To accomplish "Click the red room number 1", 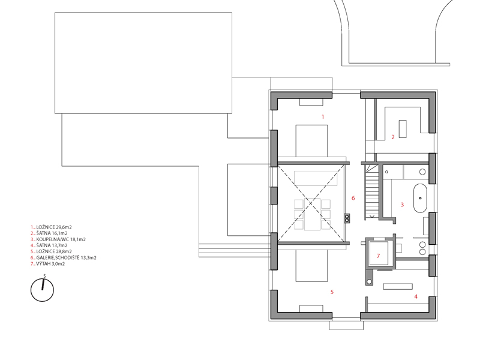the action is [323, 116].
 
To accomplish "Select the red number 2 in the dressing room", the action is [393, 137].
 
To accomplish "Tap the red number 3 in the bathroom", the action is [402, 205].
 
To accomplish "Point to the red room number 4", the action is [416, 296].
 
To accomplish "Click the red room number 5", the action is [332, 292].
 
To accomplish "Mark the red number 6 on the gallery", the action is [353, 199].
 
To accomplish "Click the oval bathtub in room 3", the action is [421, 199].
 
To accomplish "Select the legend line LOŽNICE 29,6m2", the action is [51, 227].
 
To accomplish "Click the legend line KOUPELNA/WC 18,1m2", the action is [58, 239].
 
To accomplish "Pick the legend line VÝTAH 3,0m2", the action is [48, 263].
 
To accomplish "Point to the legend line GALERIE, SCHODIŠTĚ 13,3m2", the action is [64, 258].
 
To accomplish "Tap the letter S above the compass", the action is [44, 276].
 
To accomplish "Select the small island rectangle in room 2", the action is [403, 129].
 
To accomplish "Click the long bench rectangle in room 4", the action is [398, 287].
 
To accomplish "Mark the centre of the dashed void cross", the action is [310, 203].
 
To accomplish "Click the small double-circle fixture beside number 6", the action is [347, 218].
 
